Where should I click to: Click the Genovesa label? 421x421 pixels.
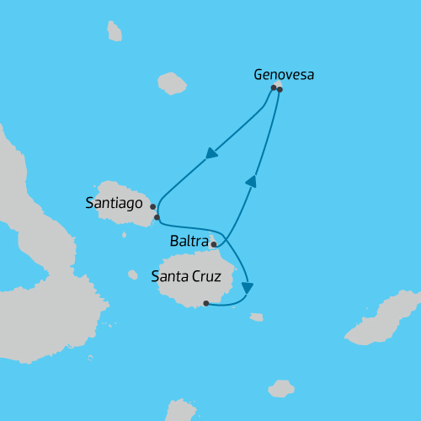(284, 74)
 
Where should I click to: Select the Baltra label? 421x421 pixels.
(188, 242)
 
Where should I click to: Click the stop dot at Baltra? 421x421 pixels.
(214, 244)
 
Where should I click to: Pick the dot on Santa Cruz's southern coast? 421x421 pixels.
(205, 304)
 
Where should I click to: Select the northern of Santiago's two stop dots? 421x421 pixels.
(152, 206)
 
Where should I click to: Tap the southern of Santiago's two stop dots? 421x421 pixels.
(157, 217)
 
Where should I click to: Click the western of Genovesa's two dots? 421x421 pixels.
(273, 87)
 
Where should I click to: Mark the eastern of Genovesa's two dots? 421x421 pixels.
(280, 88)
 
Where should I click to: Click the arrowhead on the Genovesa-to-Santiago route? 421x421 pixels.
(210, 154)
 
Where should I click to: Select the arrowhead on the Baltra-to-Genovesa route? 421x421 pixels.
(250, 181)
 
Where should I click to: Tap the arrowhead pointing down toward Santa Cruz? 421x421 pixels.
(246, 288)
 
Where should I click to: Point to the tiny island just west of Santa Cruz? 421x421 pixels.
(132, 274)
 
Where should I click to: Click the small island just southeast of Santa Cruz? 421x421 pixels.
(256, 317)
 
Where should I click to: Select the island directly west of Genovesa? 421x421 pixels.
(172, 83)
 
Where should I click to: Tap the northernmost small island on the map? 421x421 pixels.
(115, 31)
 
